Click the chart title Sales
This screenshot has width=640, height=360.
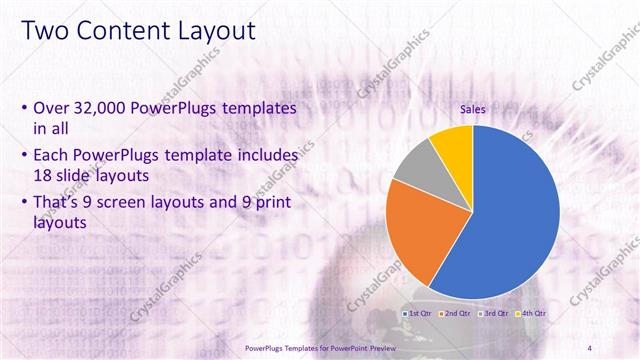click(x=473, y=111)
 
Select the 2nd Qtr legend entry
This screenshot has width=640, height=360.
click(x=458, y=314)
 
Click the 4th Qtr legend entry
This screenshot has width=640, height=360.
click(x=533, y=314)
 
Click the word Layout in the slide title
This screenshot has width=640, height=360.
click(x=216, y=31)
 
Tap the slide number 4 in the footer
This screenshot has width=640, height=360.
click(x=591, y=347)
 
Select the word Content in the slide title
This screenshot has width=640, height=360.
click(x=122, y=31)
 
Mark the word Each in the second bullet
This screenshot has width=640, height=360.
click(x=51, y=156)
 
